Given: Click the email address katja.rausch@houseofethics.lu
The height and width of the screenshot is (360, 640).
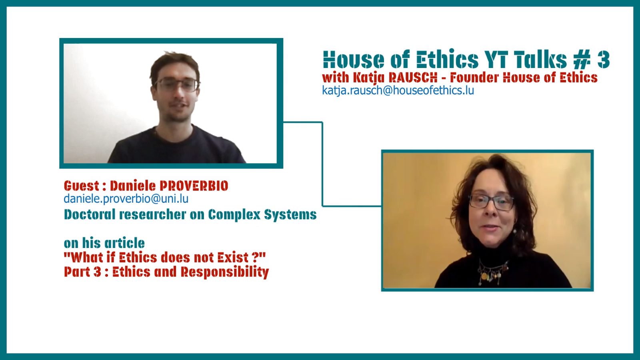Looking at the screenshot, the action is [x=398, y=90].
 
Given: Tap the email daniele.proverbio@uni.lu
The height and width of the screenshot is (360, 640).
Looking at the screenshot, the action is [x=126, y=199].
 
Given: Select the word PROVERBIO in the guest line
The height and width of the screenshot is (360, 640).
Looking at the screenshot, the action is [x=194, y=186].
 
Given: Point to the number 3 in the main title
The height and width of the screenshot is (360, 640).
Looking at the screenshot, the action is [x=604, y=60].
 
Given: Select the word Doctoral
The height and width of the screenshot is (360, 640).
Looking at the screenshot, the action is [x=90, y=214].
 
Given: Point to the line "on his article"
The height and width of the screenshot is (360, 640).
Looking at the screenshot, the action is [x=104, y=243].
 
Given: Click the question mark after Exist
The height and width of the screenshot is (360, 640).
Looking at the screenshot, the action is [x=256, y=258].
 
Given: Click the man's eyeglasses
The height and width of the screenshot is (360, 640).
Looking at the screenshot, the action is [x=177, y=85].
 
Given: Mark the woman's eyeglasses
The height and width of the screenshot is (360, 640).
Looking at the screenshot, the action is [x=491, y=202].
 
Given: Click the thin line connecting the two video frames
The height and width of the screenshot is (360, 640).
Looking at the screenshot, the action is [x=322, y=164].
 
